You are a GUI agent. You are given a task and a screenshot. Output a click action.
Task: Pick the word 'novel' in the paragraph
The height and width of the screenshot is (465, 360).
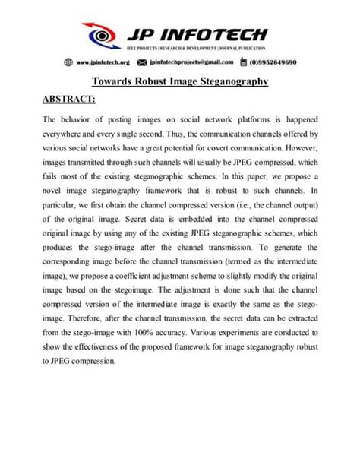coord(54,181)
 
